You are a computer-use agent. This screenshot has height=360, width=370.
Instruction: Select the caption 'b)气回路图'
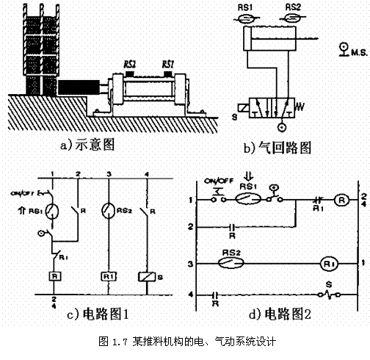pos(277,148)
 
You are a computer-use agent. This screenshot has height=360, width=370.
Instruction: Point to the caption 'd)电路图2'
pos(280,314)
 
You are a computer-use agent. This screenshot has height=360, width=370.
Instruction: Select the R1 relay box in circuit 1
pos(108,277)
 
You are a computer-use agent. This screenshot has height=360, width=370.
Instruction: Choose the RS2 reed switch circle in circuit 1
pos(108,209)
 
